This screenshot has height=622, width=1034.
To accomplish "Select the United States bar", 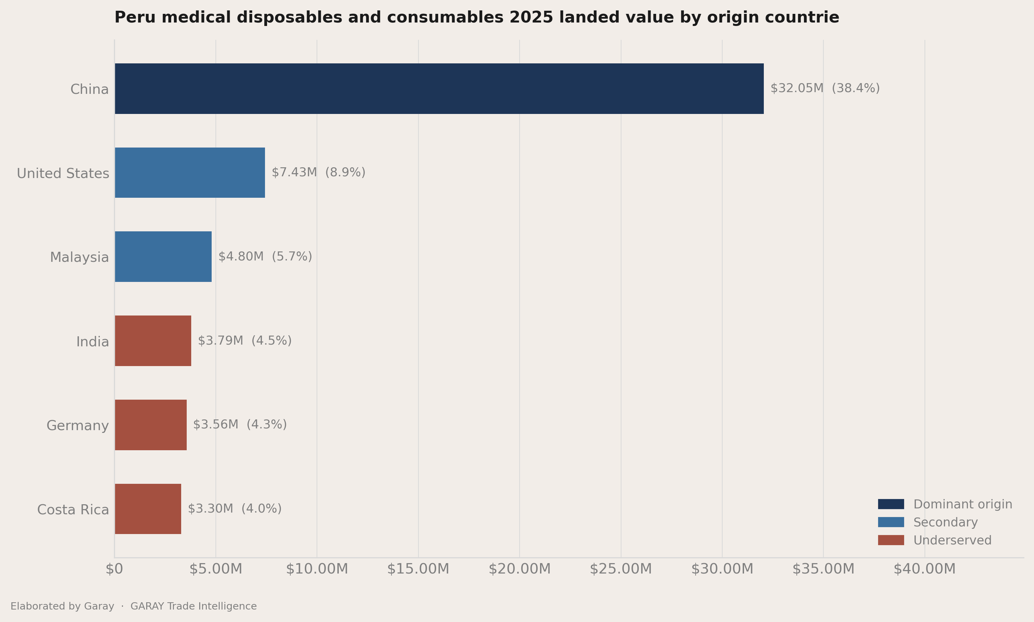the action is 190,173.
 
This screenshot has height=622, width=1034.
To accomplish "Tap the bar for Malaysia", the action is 163,257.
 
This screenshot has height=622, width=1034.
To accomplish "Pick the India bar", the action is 153,341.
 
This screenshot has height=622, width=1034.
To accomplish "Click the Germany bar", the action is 150,425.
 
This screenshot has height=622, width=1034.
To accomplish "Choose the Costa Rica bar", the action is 148,509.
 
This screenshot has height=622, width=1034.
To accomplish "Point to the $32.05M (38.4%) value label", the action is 825,88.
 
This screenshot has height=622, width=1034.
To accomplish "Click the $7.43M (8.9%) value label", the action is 319,172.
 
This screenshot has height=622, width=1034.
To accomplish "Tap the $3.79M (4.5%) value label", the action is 245,340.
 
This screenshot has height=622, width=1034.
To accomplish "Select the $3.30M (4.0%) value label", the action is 235,508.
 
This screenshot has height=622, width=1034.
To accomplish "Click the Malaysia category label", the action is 79,257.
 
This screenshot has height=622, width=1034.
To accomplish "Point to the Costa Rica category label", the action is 73,510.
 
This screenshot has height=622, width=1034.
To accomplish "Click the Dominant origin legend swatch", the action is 891,504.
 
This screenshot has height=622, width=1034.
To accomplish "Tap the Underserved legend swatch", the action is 891,540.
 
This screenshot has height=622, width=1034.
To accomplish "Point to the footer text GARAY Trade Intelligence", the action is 194,606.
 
